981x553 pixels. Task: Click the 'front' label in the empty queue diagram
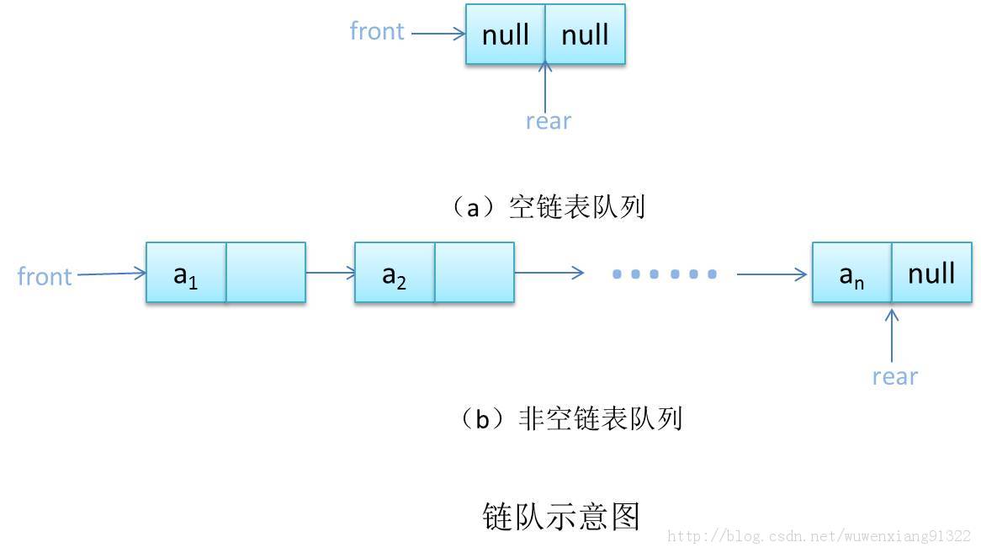click(377, 31)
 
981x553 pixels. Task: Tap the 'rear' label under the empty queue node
click(548, 121)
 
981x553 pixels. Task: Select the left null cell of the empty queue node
click(506, 35)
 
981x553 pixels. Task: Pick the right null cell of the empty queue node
click(585, 35)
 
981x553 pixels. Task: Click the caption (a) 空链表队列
click(548, 206)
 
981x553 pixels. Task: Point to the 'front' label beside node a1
click(45, 276)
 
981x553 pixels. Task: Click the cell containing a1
click(186, 273)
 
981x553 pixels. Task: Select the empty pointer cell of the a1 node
click(265, 273)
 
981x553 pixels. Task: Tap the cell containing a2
click(395, 273)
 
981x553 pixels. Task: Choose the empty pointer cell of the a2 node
click(474, 273)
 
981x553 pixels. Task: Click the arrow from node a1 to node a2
click(330, 273)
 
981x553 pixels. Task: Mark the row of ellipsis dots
click(665, 274)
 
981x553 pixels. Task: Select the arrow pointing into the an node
click(772, 274)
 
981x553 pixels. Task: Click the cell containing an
click(851, 273)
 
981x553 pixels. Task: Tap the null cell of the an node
click(931, 273)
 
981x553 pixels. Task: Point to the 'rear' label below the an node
click(894, 376)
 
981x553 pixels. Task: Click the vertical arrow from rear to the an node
click(892, 335)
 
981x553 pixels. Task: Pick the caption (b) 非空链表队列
click(569, 418)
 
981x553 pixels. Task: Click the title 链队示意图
click(561, 516)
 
